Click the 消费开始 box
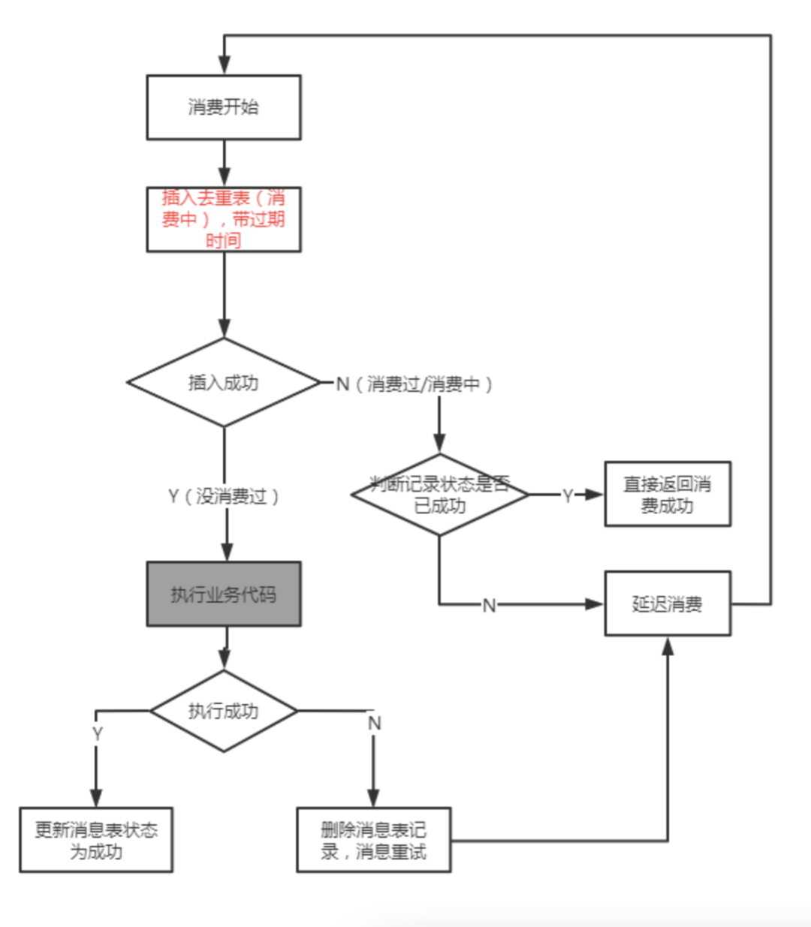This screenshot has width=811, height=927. point(224,107)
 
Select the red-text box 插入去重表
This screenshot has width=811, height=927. point(224,219)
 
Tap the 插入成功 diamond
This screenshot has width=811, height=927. point(224,383)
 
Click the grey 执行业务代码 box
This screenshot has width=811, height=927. point(224,594)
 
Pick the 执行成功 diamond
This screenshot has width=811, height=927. point(224,711)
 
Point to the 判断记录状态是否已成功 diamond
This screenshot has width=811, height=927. point(440,495)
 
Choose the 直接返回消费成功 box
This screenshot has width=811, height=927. point(668,495)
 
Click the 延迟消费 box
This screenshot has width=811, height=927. point(668,604)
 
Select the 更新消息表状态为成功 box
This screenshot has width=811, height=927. point(96,841)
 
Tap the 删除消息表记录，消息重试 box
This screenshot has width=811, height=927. point(374,841)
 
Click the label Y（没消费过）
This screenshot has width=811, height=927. point(224,496)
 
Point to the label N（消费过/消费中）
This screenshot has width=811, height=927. point(415,384)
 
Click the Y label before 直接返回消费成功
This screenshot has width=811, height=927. point(568,495)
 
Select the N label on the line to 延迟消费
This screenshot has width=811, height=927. point(489,605)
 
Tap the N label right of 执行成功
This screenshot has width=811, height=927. point(374,724)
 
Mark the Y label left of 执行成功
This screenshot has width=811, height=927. point(97,733)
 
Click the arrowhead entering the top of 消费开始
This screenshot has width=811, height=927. point(224,66)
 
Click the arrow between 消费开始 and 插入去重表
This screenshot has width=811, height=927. point(224,164)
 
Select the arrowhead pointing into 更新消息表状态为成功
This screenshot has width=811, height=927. point(96,799)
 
